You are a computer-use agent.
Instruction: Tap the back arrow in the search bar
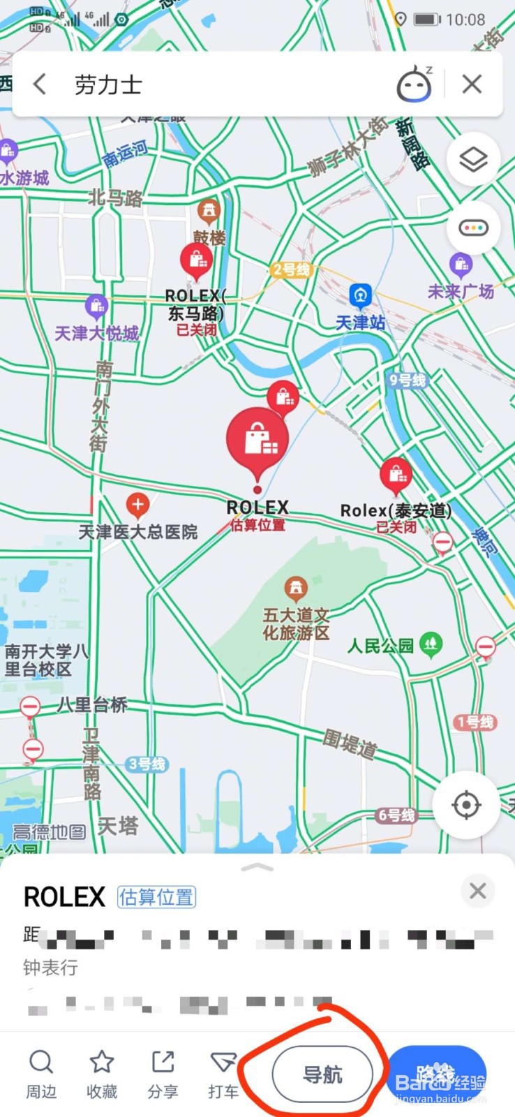(40, 84)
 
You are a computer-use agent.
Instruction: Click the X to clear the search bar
(472, 84)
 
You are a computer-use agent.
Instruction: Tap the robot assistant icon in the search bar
(415, 84)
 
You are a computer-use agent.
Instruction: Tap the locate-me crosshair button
(466, 805)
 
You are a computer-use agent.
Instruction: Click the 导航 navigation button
(322, 1074)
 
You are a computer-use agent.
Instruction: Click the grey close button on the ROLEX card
(478, 891)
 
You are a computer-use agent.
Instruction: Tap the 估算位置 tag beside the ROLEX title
(156, 897)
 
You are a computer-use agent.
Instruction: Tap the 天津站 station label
(361, 323)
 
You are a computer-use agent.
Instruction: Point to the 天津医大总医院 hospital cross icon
(137, 504)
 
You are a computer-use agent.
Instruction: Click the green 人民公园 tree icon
(431, 643)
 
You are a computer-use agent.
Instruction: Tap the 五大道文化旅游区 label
(296, 623)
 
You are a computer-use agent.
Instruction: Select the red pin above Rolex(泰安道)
(396, 475)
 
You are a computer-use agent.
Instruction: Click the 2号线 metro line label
(291, 270)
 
